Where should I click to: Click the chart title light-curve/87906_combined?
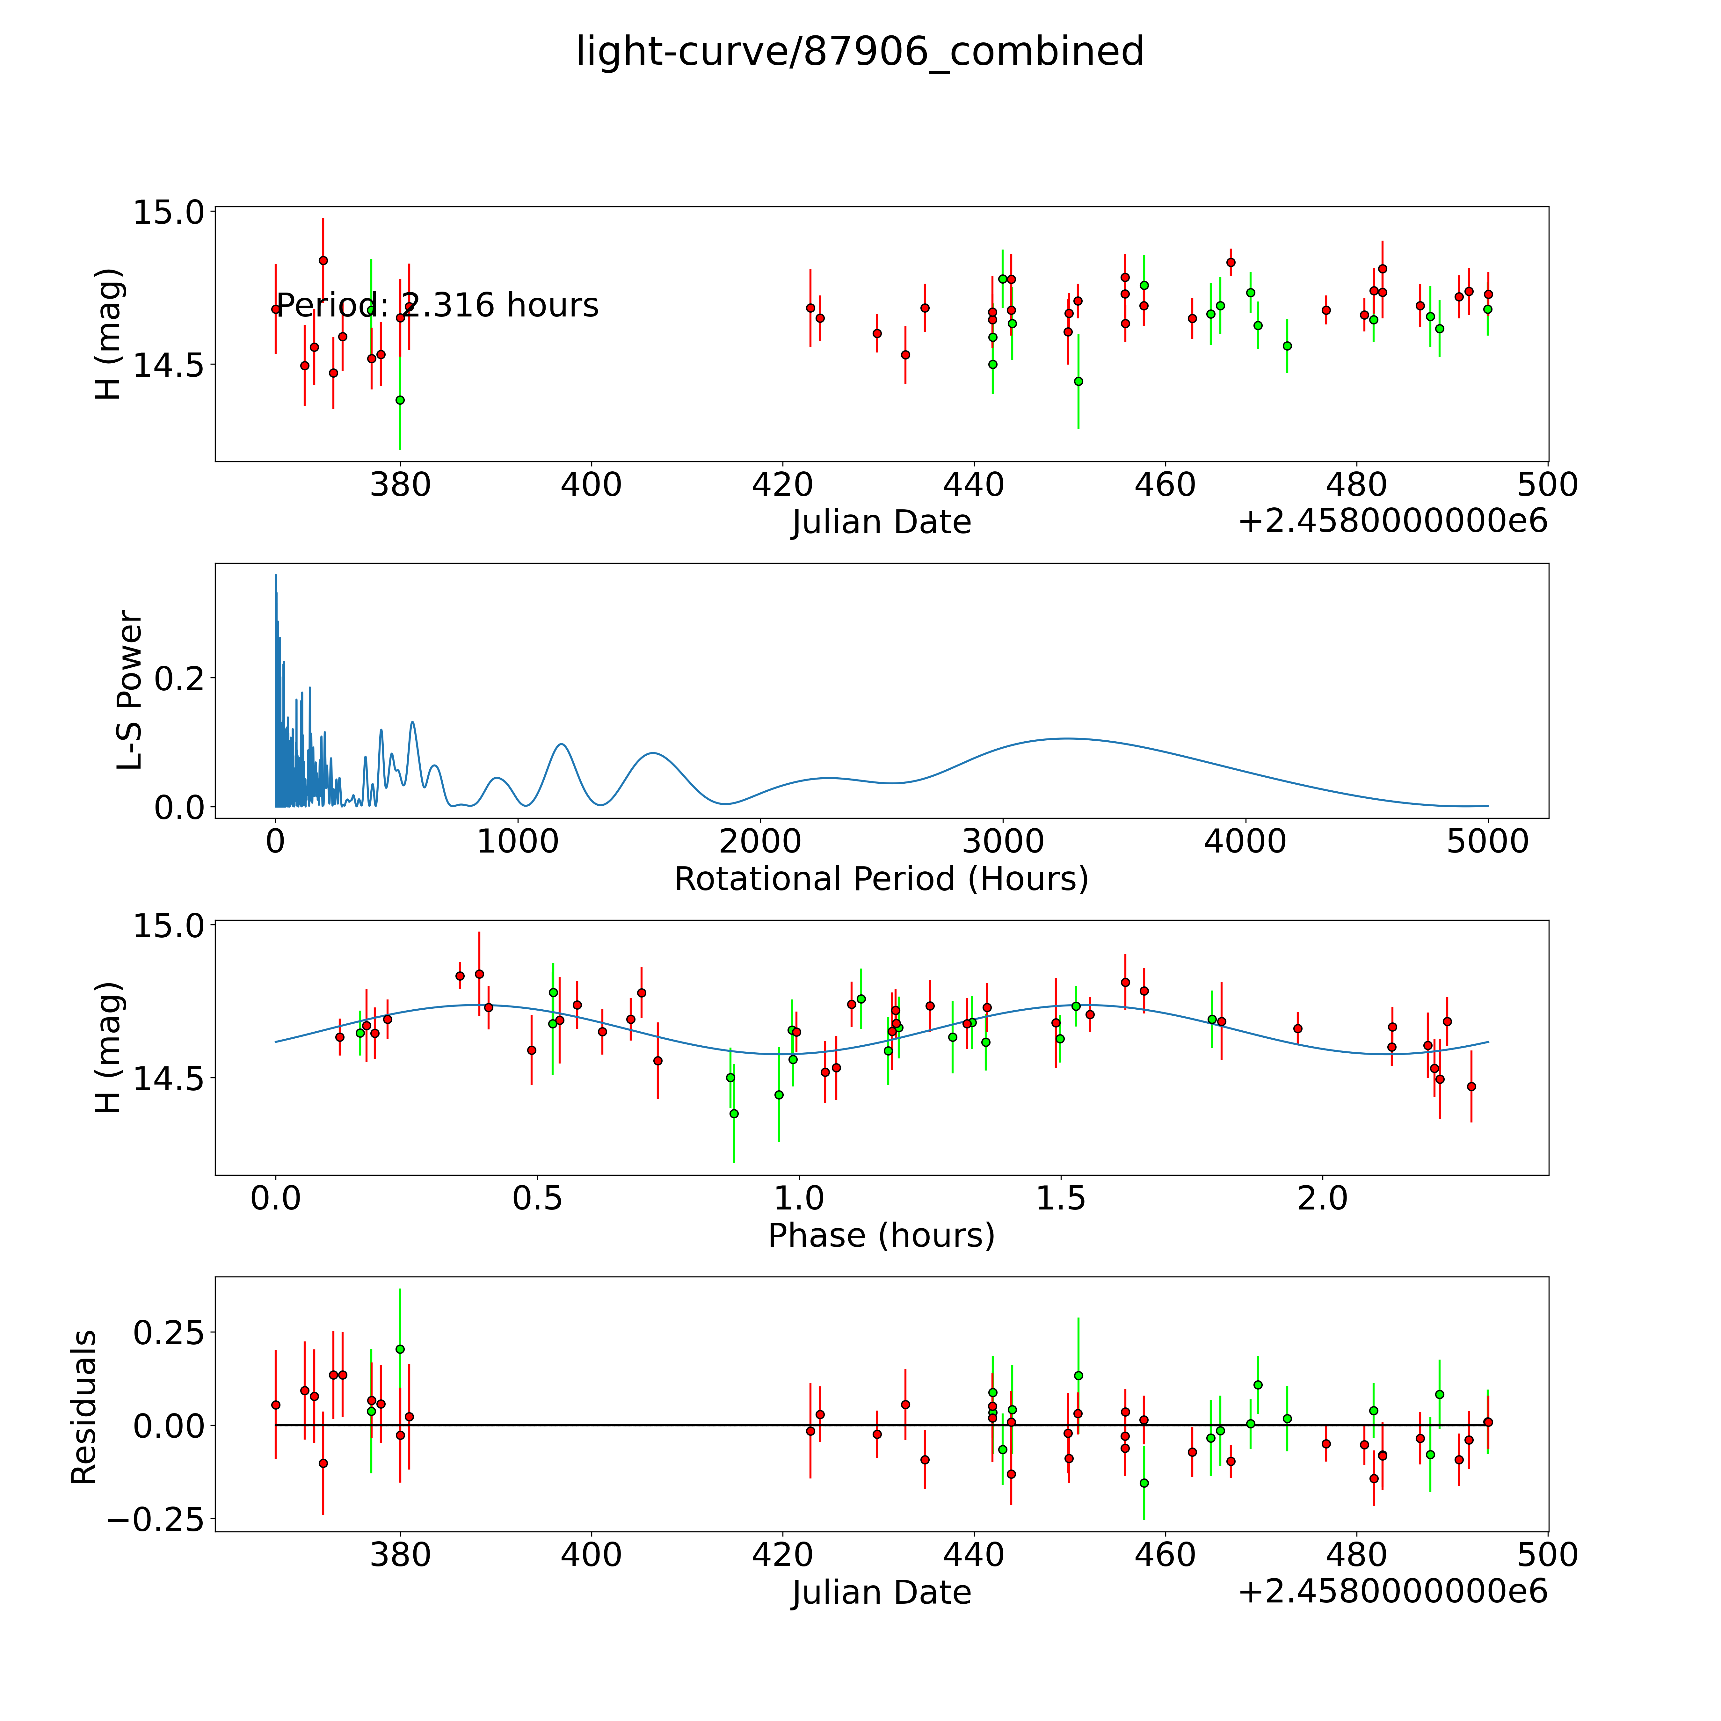coord(860,52)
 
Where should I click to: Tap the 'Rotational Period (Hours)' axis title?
coord(881,879)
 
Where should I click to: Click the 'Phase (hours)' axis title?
coord(881,1236)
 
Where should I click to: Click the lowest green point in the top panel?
coord(400,400)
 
